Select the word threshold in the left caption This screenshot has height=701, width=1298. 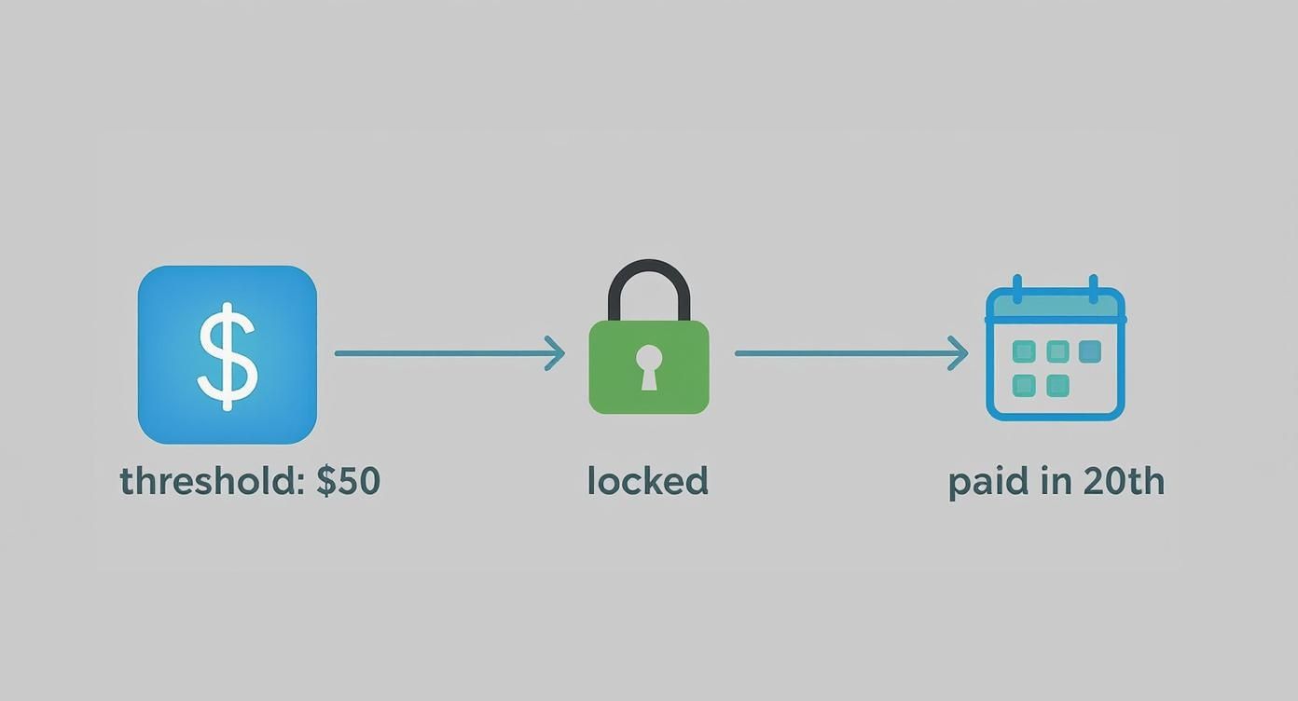tap(206, 481)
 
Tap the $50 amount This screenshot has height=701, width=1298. tap(349, 481)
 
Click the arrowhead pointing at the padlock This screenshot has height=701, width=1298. tap(557, 353)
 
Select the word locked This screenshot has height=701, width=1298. tap(648, 481)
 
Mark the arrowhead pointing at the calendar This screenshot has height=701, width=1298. tap(960, 353)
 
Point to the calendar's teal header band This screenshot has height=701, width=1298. tap(1056, 306)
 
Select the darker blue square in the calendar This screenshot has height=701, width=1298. tap(1090, 351)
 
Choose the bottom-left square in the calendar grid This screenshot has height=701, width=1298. tap(1024, 385)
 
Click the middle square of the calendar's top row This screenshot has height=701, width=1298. tap(1057, 351)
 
